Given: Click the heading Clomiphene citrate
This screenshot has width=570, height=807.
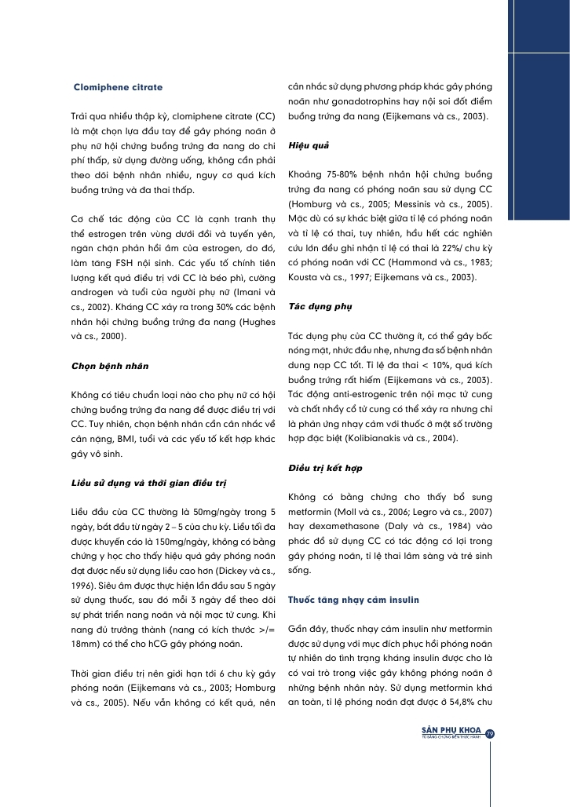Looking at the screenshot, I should coord(118,86).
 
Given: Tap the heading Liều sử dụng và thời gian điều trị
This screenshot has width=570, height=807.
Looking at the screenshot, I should coord(144,480).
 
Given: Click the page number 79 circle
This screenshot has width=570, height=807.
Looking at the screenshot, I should coord(489,734).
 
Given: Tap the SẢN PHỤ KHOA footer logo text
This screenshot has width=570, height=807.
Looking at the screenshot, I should coord(453,730).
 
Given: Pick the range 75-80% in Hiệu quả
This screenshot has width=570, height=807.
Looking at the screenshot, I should coord(341,174).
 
